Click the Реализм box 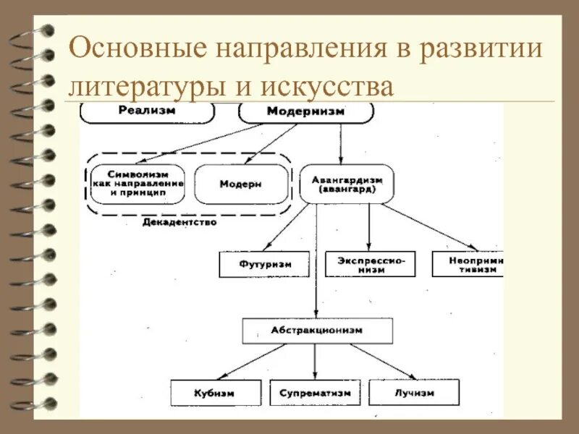click(x=148, y=111)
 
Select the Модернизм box click(x=305, y=112)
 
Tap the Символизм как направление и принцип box click(x=138, y=184)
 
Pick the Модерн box click(x=240, y=184)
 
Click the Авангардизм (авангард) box click(x=347, y=184)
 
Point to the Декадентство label click(x=179, y=223)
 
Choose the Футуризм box click(x=264, y=264)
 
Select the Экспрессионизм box click(x=371, y=264)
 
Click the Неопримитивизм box click(x=468, y=264)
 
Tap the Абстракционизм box click(x=317, y=330)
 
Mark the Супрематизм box click(x=315, y=392)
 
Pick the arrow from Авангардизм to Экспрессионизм click(x=369, y=227)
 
